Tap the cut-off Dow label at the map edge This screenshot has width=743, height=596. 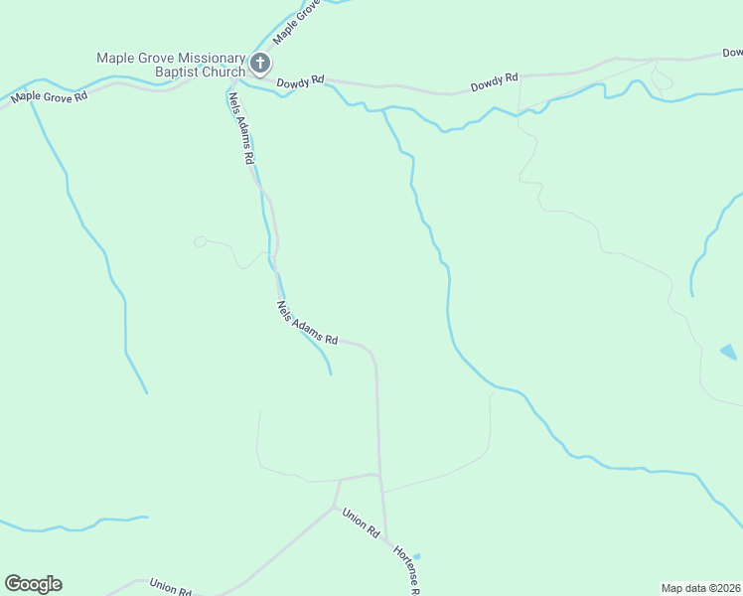(733, 53)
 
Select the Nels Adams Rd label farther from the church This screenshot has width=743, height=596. (307, 324)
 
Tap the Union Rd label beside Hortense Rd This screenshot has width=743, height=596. (361, 523)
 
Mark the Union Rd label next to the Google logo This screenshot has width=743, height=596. (169, 588)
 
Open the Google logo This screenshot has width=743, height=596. (33, 584)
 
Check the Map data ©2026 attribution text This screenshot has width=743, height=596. (700, 587)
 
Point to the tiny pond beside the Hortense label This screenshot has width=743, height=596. (416, 556)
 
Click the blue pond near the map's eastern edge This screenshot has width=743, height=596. (729, 352)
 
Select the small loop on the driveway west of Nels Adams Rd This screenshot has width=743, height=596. (200, 240)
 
